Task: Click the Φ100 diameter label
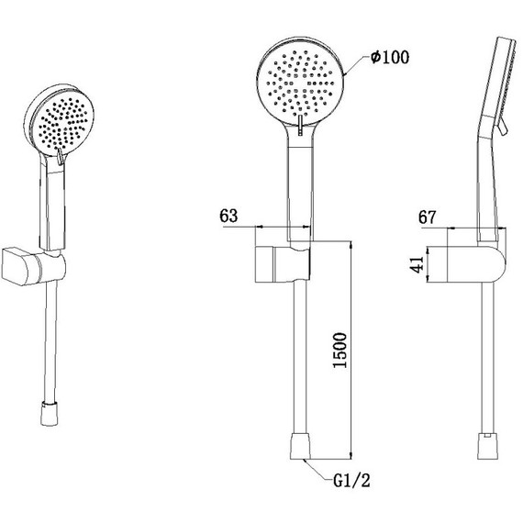[x=390, y=58]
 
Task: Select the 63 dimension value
[x=228, y=216]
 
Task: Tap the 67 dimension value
[x=428, y=217]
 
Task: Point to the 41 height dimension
[x=417, y=264]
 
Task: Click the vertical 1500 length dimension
[x=340, y=350]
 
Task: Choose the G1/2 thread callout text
[x=351, y=481]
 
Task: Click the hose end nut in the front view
[x=300, y=446]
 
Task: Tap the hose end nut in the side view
[x=487, y=446]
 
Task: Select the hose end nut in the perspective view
[x=50, y=414]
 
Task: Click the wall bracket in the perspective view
[x=33, y=265]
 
